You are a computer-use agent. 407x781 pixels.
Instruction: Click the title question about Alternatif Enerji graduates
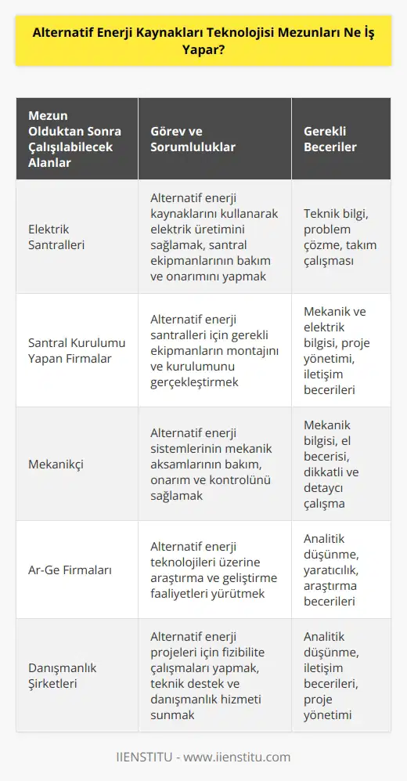[x=203, y=34]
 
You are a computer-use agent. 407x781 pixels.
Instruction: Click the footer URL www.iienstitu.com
[x=242, y=757]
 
